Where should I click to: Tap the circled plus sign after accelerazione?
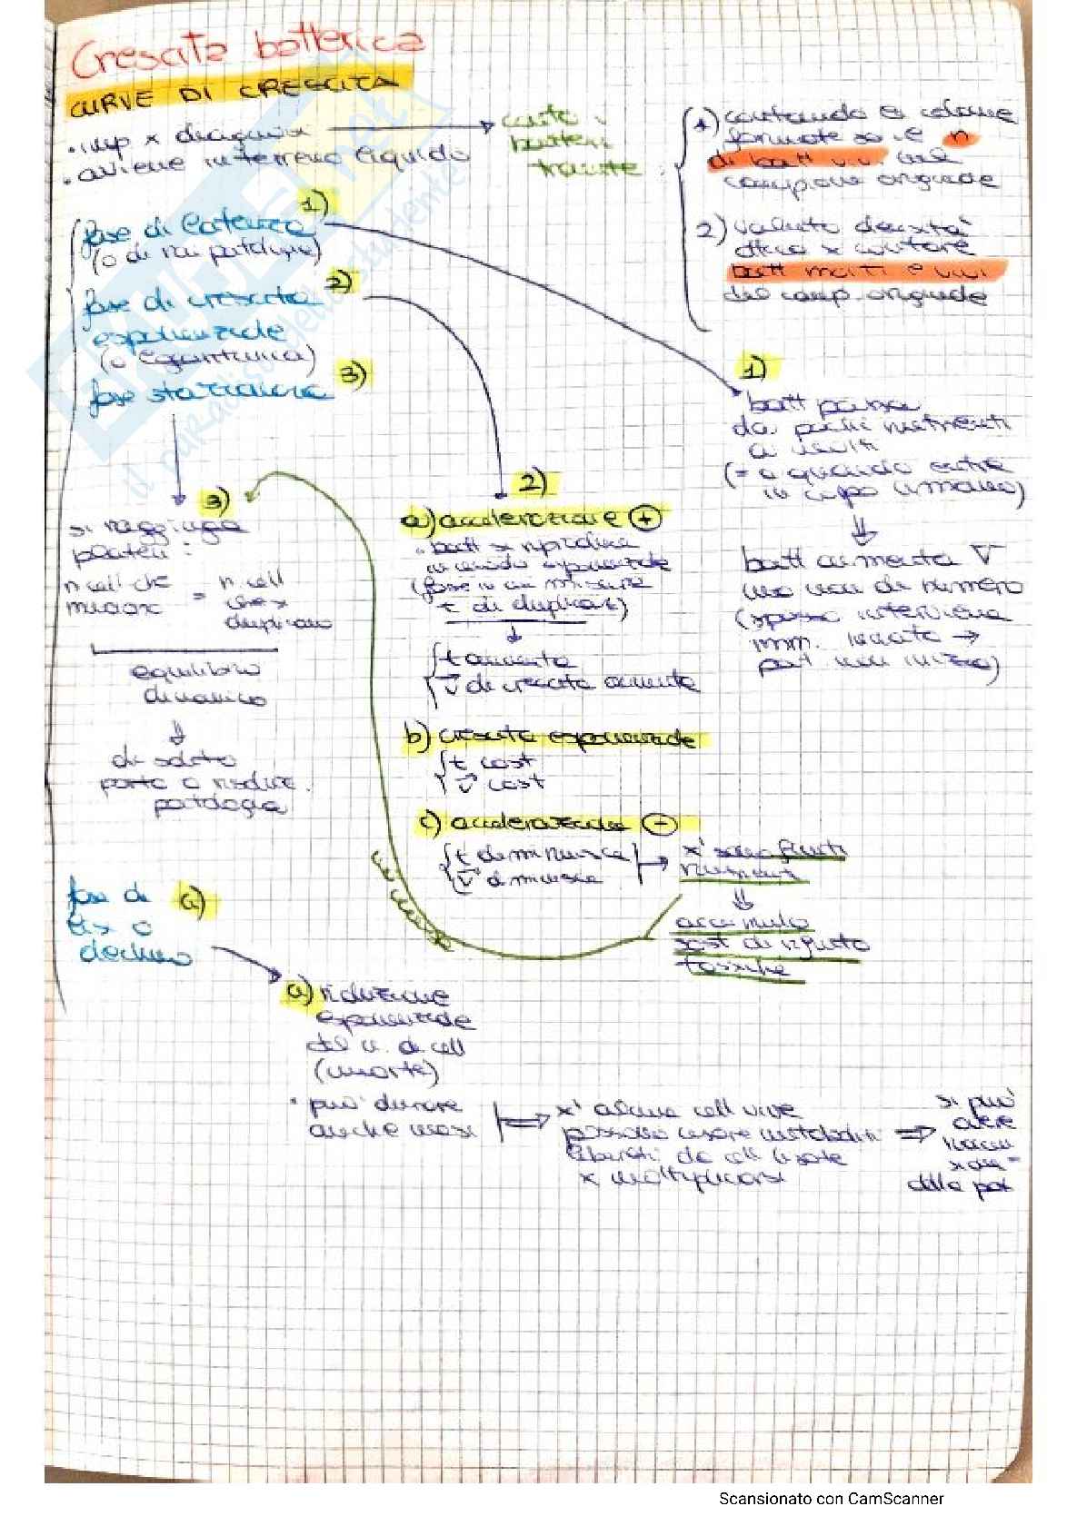tap(644, 519)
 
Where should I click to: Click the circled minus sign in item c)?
tap(659, 824)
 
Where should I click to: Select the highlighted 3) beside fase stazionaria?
tap(352, 374)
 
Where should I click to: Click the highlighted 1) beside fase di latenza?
tap(315, 205)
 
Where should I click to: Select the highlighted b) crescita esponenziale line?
tap(554, 738)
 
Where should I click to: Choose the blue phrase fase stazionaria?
tap(207, 393)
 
